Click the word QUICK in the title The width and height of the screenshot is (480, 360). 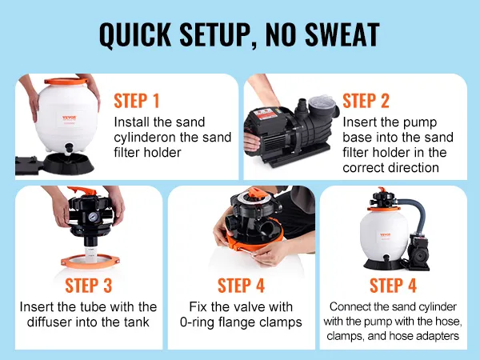[135, 34]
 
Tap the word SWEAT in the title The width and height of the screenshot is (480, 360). [342, 34]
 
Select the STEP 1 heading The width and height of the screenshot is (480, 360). [137, 101]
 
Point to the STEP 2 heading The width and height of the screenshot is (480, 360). [366, 101]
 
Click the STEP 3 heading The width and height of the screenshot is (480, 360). [89, 286]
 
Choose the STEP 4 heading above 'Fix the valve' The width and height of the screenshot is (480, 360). [241, 286]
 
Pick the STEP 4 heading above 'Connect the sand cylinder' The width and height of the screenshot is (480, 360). [393, 286]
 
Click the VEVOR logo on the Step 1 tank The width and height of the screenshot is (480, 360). [70, 118]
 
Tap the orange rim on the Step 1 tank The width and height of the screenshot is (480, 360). [66, 81]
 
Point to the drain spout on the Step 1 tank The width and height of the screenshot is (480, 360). [69, 148]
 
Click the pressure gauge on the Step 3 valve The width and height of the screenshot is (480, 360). [93, 217]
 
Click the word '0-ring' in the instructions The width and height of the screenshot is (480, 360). [197, 322]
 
